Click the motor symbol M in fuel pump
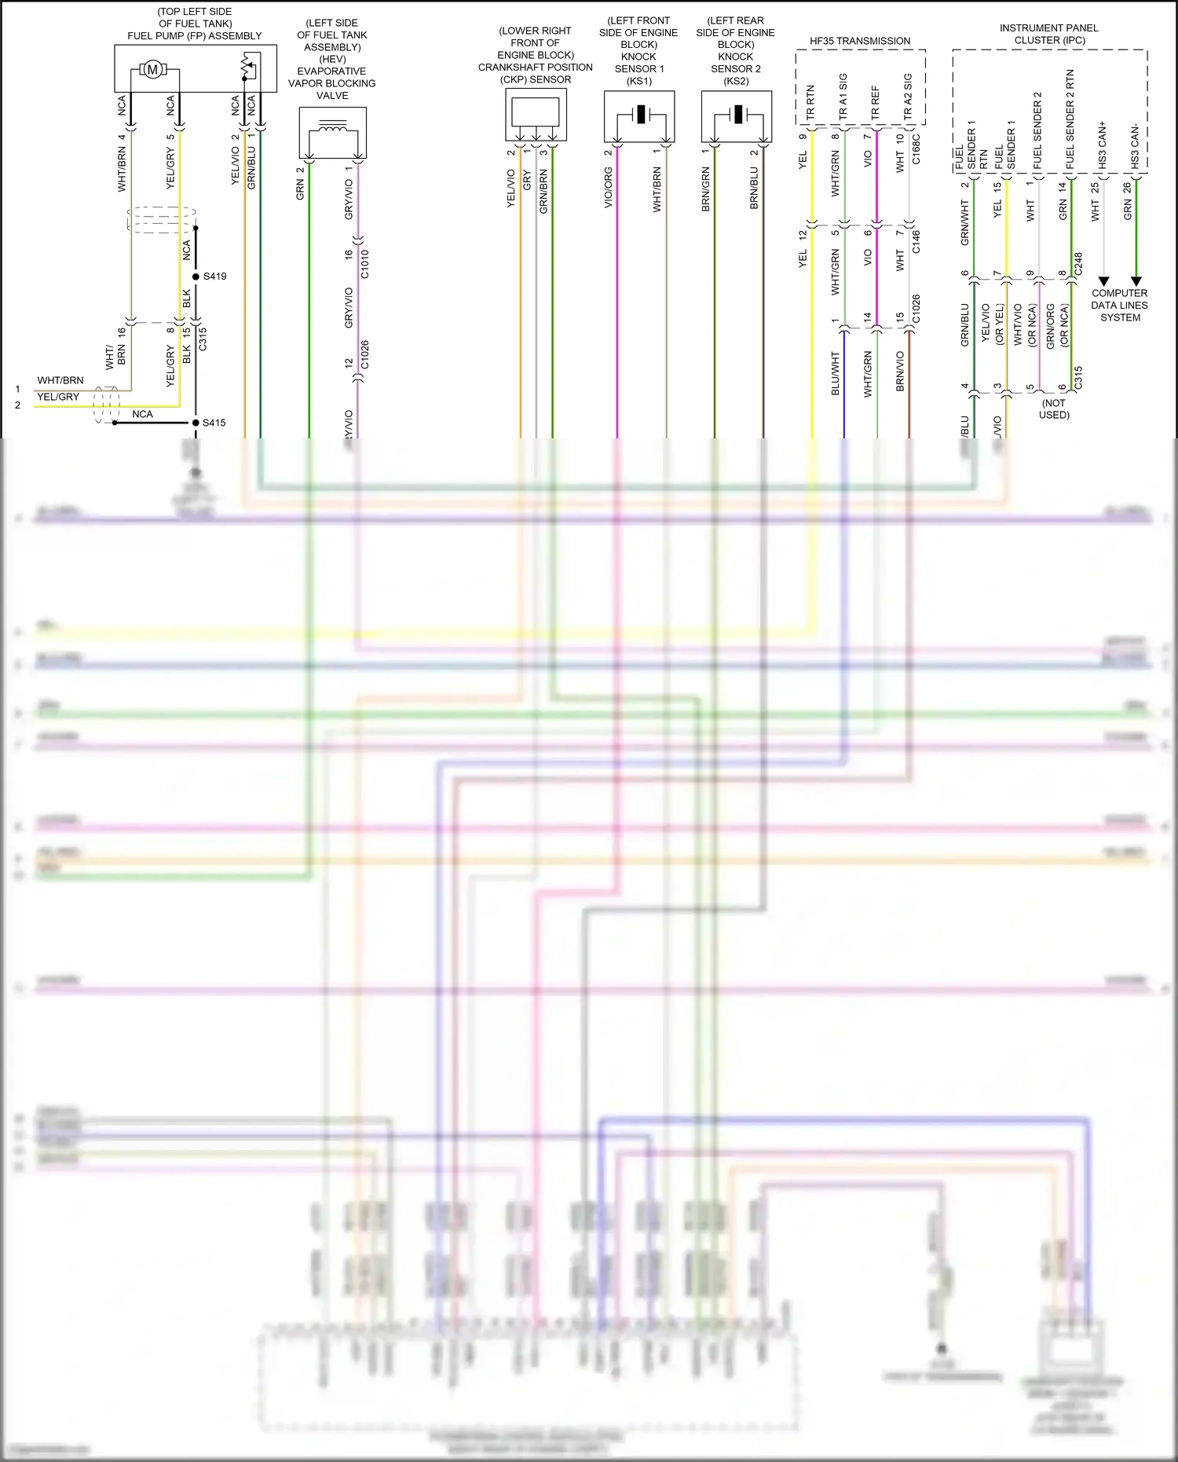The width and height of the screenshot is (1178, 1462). click(x=152, y=70)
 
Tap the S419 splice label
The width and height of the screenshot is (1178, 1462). click(x=214, y=277)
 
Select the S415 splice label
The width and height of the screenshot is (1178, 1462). click(x=214, y=423)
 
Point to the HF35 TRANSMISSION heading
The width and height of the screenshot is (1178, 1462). click(x=860, y=41)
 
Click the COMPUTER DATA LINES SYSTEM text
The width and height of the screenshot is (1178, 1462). click(x=1119, y=306)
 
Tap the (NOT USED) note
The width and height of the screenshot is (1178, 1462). click(x=1054, y=409)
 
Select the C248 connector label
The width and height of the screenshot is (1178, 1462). click(x=1079, y=263)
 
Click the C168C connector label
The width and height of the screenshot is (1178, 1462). click(x=916, y=149)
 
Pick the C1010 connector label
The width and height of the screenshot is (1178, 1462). click(x=364, y=264)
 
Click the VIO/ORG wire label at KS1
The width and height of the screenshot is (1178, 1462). click(x=609, y=188)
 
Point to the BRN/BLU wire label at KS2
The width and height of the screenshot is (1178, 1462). click(x=754, y=188)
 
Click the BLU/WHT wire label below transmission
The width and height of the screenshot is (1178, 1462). click(x=835, y=373)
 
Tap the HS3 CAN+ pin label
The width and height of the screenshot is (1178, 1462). click(x=1103, y=145)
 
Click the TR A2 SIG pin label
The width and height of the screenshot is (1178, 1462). click(x=908, y=96)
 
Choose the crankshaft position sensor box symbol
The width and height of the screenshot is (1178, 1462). click(x=536, y=112)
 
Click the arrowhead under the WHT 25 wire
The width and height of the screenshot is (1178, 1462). click(x=1103, y=281)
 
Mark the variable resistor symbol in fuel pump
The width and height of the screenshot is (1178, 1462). click(x=248, y=68)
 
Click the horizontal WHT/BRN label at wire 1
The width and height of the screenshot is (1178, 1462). click(x=60, y=380)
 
